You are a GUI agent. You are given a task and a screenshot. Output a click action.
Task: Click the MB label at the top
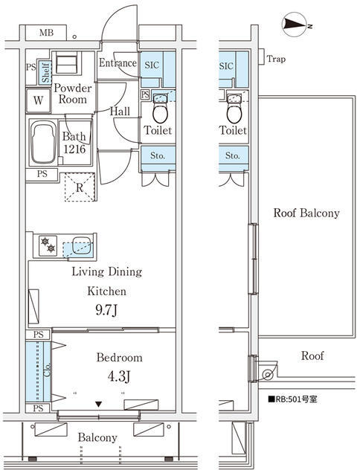point(46,33)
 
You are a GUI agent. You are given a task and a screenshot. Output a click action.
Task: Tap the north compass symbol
point(294,25)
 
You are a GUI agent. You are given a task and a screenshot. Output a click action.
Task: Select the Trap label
point(276,59)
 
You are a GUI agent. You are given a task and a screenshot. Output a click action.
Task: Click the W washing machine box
point(38,100)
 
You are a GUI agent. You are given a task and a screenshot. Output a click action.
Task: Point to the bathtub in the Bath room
point(43,142)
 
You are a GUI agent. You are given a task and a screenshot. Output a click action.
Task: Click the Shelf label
point(45,73)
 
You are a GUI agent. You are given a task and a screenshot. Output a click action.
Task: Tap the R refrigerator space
point(80,187)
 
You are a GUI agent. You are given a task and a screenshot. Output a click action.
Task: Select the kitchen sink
point(82,245)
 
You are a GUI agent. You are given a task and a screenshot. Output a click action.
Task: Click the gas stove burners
point(48,245)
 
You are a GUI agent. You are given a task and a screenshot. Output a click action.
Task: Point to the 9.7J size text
point(106,310)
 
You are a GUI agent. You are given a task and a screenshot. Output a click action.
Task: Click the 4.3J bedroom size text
point(119,377)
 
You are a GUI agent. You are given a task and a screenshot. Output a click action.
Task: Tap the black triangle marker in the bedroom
point(98,404)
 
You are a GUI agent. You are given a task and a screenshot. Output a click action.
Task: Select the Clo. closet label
point(47,370)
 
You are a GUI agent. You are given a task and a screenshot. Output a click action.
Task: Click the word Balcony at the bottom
point(97,437)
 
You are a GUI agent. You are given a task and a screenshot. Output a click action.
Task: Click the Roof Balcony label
point(306,213)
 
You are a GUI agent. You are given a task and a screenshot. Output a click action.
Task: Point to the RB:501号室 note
point(292,399)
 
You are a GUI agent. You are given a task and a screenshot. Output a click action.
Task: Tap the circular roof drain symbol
point(268,375)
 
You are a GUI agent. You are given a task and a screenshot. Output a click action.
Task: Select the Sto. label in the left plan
point(158,155)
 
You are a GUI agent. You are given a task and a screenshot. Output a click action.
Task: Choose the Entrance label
point(118,62)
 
